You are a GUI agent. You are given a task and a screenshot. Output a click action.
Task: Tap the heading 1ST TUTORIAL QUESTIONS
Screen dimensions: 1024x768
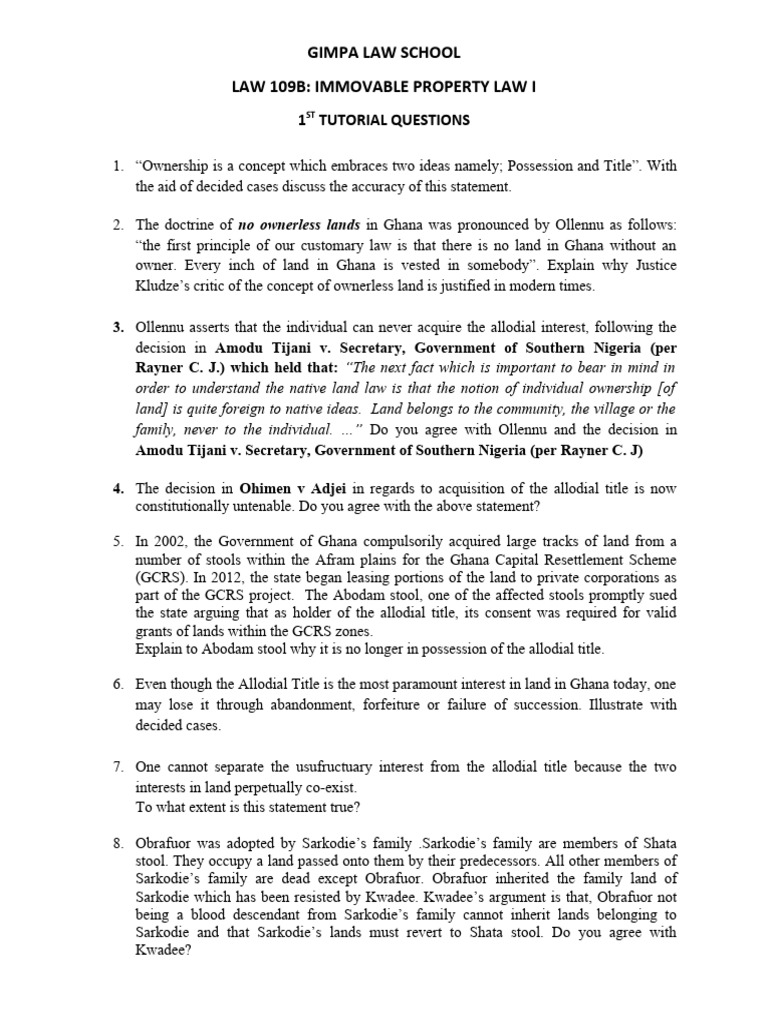384,121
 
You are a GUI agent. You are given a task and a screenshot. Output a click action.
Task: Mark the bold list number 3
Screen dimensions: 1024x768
117,327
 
